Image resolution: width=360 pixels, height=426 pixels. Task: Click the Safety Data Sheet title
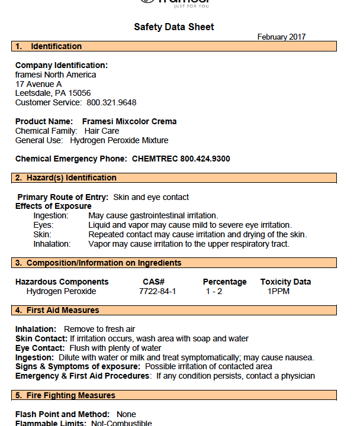coord(174,27)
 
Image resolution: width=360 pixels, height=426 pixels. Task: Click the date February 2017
coord(281,37)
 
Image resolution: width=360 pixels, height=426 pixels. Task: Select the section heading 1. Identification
coord(49,46)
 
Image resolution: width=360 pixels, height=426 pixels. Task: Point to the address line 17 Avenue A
coord(38,84)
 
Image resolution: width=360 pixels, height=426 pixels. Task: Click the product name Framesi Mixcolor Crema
coord(129,121)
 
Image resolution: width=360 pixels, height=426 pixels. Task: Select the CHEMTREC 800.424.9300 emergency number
coord(181,159)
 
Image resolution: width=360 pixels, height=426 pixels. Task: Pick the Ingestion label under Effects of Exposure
coord(51,215)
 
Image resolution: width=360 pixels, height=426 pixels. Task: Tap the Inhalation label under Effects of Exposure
coord(52,244)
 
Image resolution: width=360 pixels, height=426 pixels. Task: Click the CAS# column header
coord(153,282)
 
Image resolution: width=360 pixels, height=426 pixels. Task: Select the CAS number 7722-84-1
coord(157,291)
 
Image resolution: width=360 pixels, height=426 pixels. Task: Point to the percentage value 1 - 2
coord(214,291)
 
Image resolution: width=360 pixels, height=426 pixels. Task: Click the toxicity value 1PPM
coord(278,291)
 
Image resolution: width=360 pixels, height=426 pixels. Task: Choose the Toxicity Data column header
coord(285,282)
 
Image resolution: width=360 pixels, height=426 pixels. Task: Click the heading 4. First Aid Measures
coord(57,310)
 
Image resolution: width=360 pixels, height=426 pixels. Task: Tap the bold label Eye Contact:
coord(38,348)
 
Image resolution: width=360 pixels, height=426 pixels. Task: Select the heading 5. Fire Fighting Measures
coord(66,395)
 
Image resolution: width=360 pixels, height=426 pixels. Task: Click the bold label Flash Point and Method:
coord(63,414)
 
